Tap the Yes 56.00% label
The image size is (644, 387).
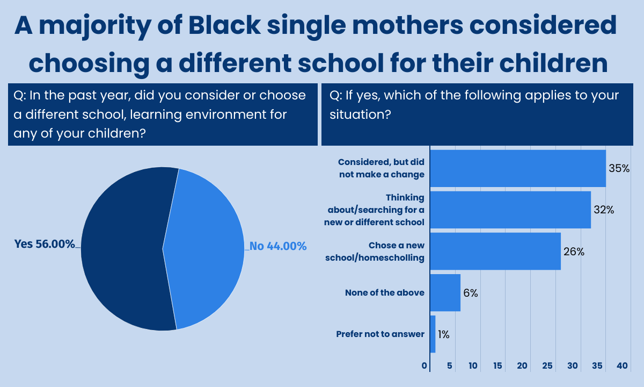pos(45,244)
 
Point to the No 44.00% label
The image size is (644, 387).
pos(278,246)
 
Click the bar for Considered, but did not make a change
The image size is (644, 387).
pos(518,168)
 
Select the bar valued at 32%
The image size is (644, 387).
pos(510,210)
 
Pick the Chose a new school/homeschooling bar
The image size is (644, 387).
pos(495,252)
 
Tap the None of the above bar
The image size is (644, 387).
pos(445,293)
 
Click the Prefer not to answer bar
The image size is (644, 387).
pos(433,334)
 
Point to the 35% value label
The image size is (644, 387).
pos(619,168)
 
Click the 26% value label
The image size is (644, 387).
pos(574,252)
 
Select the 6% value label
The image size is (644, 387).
pos(471,293)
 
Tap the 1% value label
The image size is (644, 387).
pos(444,334)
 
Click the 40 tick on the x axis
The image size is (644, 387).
pos(622,365)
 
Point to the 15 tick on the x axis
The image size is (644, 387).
pos(497,365)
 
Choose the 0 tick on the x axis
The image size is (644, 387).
pos(425,365)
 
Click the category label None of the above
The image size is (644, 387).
pos(385,293)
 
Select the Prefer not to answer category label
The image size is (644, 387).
pos(380,334)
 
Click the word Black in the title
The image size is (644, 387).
pos(224,25)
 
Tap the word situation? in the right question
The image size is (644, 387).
pos(360,114)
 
